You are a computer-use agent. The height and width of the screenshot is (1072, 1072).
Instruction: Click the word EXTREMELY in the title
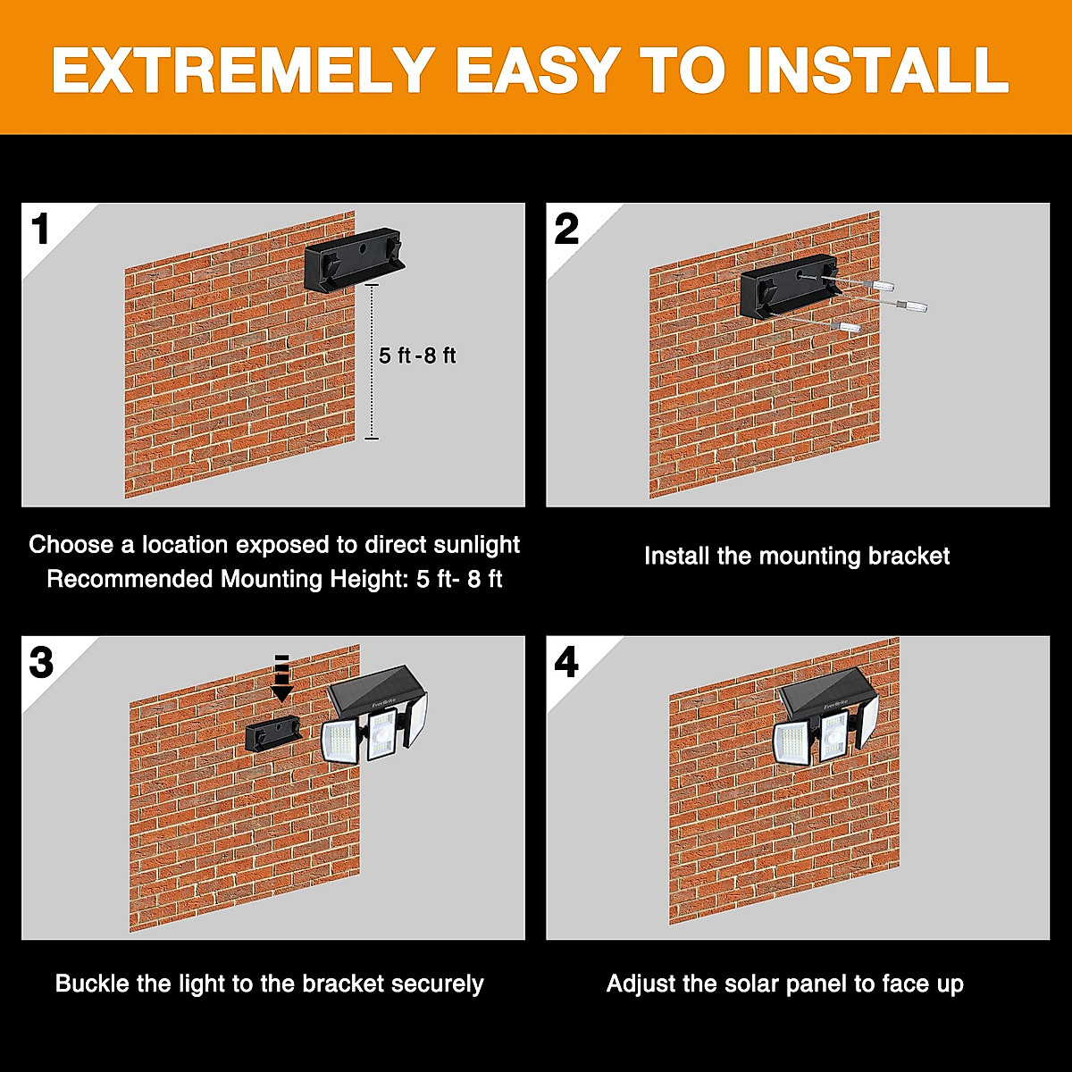click(244, 70)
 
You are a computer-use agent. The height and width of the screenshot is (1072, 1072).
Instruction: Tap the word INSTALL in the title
click(878, 70)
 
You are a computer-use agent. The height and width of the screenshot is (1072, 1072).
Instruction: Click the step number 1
click(40, 229)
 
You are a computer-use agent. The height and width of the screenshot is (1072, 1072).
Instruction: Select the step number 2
click(566, 229)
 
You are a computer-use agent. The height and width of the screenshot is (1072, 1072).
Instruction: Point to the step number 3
click(41, 662)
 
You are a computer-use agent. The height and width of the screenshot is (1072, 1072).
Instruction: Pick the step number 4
click(566, 662)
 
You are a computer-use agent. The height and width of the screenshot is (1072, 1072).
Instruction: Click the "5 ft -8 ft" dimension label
click(417, 356)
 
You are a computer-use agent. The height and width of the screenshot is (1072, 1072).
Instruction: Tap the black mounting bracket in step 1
click(355, 259)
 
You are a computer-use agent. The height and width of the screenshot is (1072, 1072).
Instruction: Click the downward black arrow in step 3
click(282, 678)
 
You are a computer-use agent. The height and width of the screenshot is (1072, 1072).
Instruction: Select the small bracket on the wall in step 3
click(273, 733)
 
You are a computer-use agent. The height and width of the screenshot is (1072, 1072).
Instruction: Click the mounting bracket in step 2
click(791, 287)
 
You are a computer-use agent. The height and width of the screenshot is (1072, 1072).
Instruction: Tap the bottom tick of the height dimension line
click(372, 439)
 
